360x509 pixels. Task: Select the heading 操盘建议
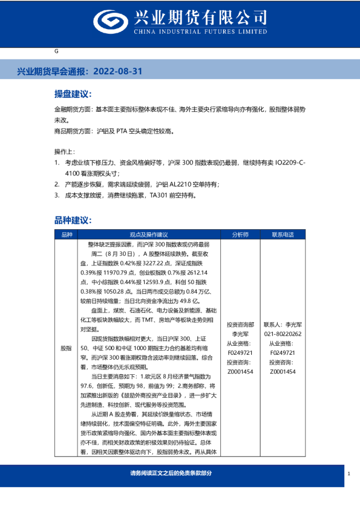coord(73,94)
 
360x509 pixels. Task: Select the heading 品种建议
coord(73,221)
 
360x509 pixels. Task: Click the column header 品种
coord(66,235)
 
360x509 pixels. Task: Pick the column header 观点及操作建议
coord(148,235)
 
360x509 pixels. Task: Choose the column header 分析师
coord(240,235)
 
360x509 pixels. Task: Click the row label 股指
coord(66,349)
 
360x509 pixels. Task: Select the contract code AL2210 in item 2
coord(172,184)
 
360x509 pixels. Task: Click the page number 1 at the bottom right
coord(350,474)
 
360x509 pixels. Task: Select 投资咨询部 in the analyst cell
coord(240,324)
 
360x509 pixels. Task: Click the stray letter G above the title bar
coord(56,52)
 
